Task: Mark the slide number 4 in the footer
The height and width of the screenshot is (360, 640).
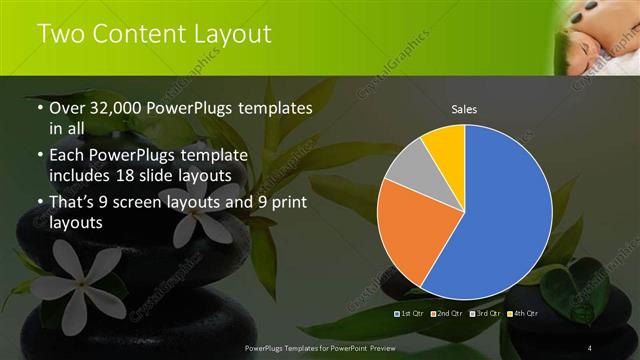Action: pos(590,347)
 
